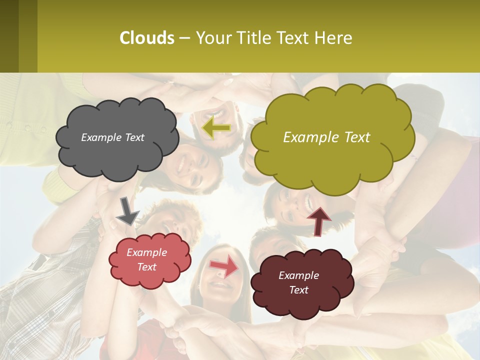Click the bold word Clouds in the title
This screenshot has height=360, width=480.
(146, 38)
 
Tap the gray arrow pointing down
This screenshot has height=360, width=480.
(127, 211)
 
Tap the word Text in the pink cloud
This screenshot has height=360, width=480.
(147, 267)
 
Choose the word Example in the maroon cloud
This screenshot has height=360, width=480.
(298, 275)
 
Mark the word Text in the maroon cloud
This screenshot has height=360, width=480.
(298, 290)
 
